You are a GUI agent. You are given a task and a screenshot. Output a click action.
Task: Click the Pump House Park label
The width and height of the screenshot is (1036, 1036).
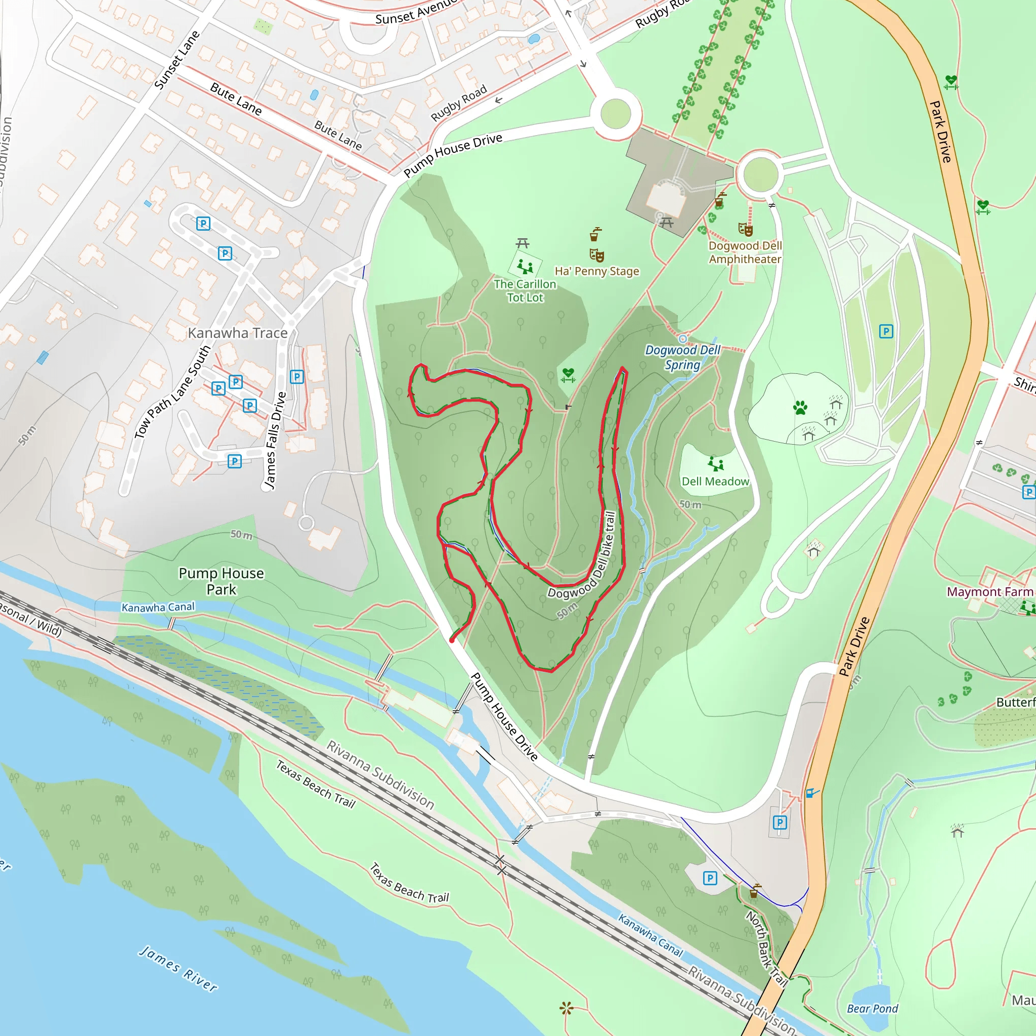tap(221, 581)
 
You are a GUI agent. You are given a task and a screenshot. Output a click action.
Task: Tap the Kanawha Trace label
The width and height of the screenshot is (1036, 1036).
tap(238, 333)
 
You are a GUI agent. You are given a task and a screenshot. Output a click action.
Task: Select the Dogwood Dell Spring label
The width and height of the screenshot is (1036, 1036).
tap(682, 358)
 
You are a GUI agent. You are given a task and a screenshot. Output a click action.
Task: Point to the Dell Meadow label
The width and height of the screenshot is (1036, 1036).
tap(715, 482)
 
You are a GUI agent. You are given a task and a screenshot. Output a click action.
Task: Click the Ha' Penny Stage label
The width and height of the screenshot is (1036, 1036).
tap(597, 271)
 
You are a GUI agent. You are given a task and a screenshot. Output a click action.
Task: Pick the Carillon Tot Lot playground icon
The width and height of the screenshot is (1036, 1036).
tap(525, 266)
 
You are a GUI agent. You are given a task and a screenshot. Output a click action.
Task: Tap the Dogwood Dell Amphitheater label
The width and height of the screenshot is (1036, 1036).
tap(745, 252)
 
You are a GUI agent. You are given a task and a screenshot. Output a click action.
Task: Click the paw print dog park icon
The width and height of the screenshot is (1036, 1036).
tap(800, 408)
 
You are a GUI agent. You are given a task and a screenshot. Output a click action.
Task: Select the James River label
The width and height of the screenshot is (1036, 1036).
tap(179, 968)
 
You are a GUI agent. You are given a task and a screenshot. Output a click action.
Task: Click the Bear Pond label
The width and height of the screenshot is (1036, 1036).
tap(873, 1009)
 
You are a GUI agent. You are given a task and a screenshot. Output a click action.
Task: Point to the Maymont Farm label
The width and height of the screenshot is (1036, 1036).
tap(990, 592)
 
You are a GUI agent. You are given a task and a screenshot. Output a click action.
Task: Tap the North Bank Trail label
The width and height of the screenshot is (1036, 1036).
tap(766, 948)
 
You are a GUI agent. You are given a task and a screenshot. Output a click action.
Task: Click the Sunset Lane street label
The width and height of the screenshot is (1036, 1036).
tap(177, 60)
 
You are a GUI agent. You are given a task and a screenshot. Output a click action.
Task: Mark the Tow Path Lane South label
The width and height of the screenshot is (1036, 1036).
tap(172, 393)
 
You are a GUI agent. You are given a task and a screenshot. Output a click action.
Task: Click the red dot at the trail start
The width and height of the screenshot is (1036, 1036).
tap(452, 640)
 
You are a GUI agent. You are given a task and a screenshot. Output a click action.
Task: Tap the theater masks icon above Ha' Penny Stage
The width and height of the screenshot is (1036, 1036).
tap(596, 255)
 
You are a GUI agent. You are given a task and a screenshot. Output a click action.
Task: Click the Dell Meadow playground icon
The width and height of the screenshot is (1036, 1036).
tap(715, 463)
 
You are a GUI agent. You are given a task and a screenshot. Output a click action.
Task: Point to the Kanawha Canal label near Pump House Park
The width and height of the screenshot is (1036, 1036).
tap(158, 607)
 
